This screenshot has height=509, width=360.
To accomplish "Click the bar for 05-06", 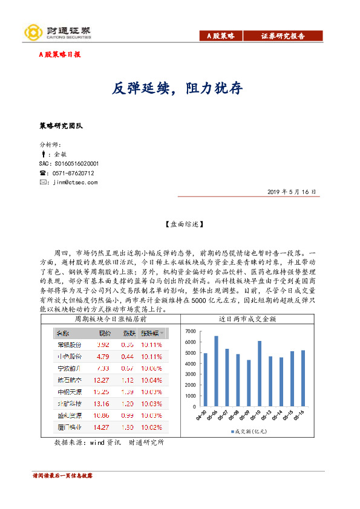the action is [217, 371].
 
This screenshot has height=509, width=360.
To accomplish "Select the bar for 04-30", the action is [206, 379].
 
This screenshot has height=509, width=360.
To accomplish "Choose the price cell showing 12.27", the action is [101, 380].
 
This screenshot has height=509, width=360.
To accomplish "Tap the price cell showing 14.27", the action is [101, 427].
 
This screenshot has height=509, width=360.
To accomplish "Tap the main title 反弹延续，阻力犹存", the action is [179, 89].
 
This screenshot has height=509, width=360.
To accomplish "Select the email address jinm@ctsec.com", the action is [75, 182].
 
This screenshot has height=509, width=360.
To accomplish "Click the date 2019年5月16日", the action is [292, 192].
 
